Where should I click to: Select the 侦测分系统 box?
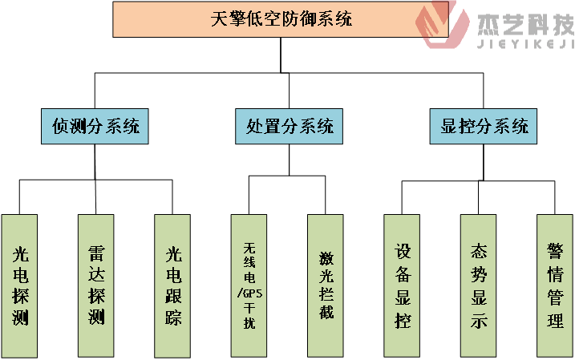[95, 126]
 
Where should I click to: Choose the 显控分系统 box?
[484, 126]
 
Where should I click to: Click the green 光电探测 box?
[21, 285]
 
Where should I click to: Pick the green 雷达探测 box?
[96, 285]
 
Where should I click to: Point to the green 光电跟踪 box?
[173, 285]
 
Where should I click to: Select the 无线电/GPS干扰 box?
[249, 285]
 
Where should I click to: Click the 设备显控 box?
[403, 285]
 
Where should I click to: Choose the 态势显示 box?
[480, 285]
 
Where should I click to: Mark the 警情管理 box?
[555, 285]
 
